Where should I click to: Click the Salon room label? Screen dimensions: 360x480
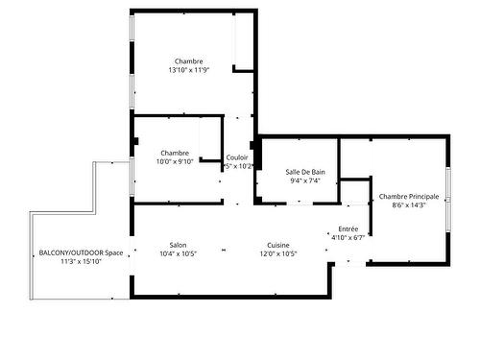tap(178, 245)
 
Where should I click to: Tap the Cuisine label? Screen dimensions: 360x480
tap(279, 245)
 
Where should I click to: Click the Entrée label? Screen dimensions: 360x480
tap(348, 228)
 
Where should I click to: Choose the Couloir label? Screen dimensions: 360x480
tap(237, 157)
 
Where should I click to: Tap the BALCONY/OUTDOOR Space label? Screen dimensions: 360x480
tap(81, 252)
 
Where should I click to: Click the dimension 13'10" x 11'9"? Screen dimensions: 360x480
tap(188, 70)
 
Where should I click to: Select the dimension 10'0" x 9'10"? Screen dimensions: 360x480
tap(175, 161)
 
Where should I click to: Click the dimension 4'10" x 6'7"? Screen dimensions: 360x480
tap(348, 237)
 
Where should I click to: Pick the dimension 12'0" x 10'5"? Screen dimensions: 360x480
tap(279, 254)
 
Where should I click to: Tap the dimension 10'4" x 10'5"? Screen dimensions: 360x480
tap(178, 254)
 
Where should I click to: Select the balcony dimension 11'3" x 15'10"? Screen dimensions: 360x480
tap(81, 261)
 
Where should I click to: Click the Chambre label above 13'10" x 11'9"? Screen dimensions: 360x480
tap(188, 61)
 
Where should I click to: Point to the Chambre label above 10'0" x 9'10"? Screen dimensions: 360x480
tap(175, 153)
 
